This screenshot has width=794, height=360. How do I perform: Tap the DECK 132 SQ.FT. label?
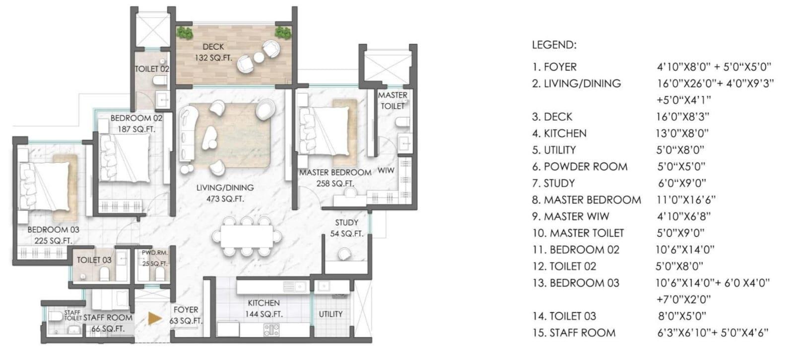click(212, 52)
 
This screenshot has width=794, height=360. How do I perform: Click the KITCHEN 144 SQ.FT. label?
click(264, 308)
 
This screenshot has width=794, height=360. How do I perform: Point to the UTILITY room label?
click(331, 314)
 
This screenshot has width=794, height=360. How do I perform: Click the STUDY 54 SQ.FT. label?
click(346, 228)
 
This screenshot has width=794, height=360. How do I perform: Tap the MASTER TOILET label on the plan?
click(393, 100)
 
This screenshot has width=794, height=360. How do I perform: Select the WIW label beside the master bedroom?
click(386, 170)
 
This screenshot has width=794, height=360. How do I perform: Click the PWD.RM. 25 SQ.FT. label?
click(154, 258)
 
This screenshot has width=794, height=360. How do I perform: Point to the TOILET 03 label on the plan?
click(94, 260)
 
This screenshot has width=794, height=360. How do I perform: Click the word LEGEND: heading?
click(554, 45)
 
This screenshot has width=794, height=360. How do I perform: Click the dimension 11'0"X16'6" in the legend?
click(685, 200)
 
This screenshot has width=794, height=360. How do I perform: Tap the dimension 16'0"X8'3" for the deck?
click(682, 117)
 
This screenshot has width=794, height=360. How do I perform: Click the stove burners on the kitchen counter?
click(271, 329)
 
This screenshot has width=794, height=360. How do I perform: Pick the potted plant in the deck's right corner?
click(283, 33)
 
